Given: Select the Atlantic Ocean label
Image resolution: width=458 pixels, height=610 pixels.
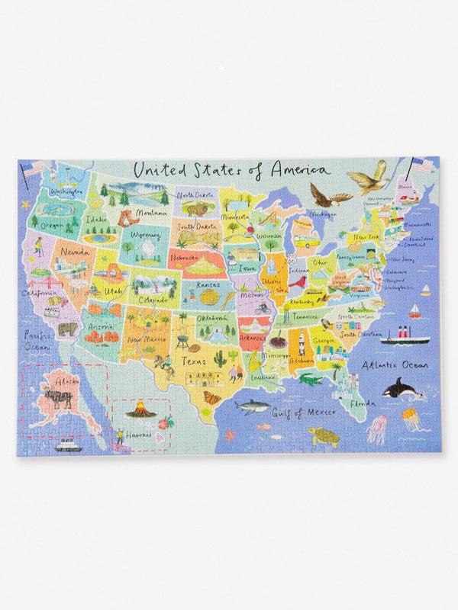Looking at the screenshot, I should [x=394, y=364].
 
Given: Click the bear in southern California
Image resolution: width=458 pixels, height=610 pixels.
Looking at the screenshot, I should [x=66, y=329].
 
